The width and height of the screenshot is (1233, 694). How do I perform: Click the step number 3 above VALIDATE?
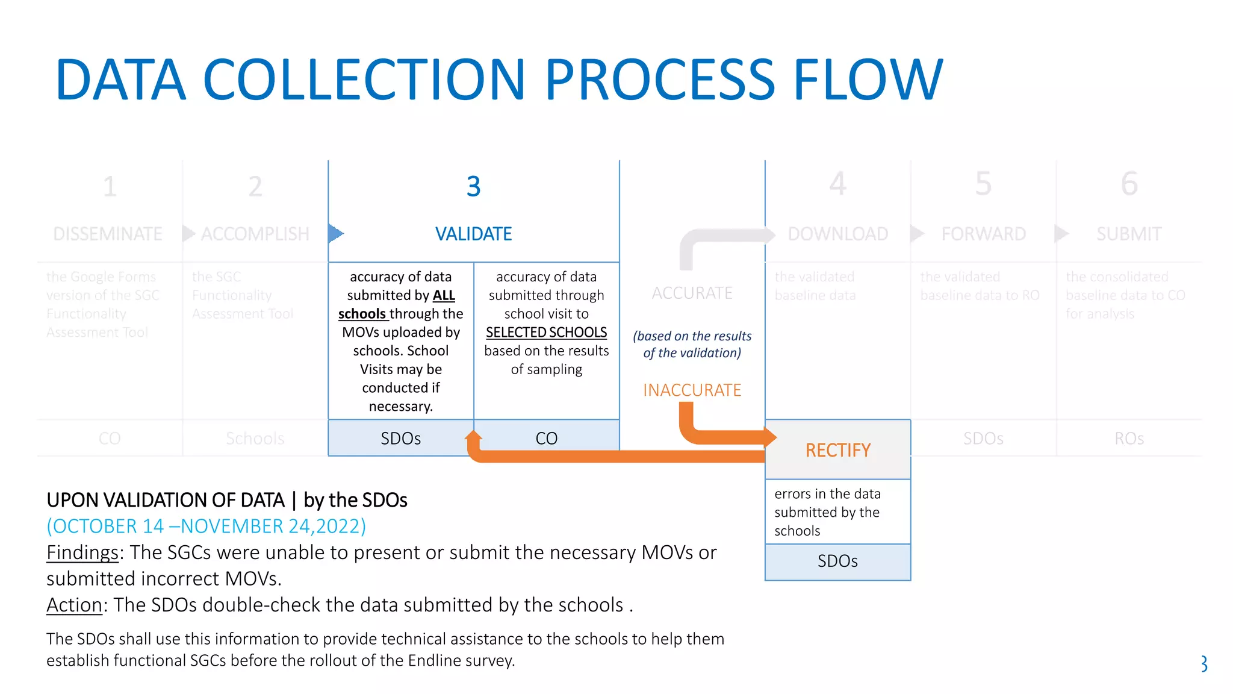click(x=473, y=187)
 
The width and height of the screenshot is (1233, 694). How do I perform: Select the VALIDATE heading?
click(x=473, y=234)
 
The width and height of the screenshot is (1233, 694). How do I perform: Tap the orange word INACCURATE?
click(x=692, y=390)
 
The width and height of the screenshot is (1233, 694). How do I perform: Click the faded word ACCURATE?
click(x=692, y=293)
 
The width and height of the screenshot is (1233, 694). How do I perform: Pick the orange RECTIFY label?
click(x=837, y=450)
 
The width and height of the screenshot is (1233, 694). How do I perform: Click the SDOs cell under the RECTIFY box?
click(x=837, y=561)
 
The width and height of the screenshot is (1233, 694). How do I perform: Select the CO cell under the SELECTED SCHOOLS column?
click(x=546, y=438)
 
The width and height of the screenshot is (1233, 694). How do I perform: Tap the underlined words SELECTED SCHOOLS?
click(x=546, y=333)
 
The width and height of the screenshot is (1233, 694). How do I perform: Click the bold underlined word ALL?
click(x=444, y=296)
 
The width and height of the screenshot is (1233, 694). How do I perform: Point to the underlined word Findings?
click(x=82, y=552)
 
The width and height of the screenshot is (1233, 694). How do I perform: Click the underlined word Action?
click(x=74, y=605)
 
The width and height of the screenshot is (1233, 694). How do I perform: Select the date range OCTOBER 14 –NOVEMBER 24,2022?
click(x=206, y=526)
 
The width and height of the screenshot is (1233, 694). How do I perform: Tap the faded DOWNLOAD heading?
click(x=837, y=234)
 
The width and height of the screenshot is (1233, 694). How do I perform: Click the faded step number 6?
click(x=1129, y=184)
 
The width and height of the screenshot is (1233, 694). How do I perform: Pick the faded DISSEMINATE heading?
click(x=108, y=234)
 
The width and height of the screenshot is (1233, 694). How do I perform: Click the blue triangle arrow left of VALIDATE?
click(x=336, y=233)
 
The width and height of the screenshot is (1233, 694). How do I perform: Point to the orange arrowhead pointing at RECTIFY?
click(x=770, y=437)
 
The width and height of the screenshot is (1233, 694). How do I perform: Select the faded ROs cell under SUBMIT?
click(x=1129, y=438)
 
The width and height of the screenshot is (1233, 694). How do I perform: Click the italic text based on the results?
click(x=692, y=336)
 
